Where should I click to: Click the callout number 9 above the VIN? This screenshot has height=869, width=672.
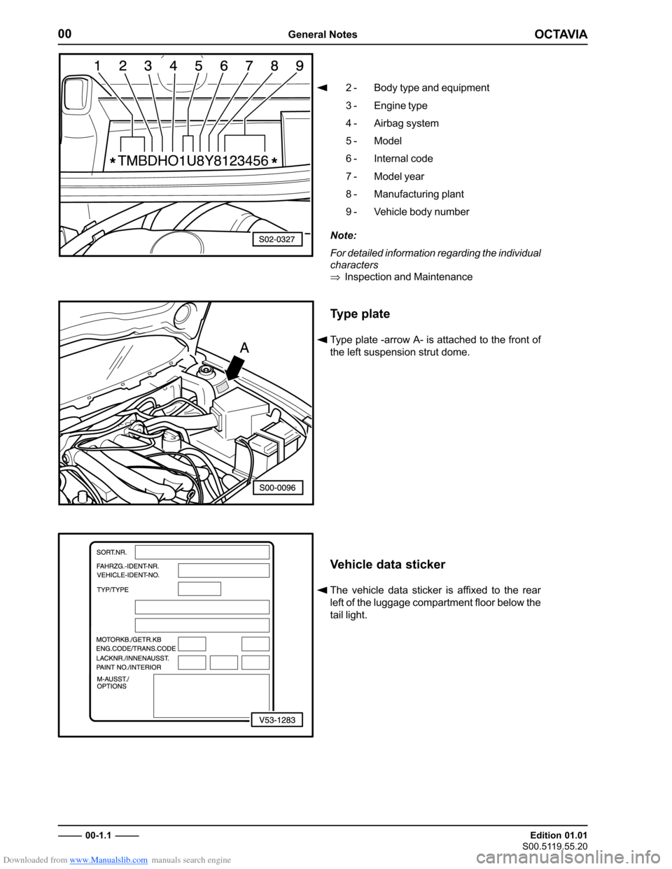coord(300,66)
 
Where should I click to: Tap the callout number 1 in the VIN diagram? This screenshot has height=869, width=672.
coord(97,66)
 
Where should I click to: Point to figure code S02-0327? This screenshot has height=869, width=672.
coord(277,239)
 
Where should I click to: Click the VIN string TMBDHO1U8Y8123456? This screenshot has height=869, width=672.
coord(193,161)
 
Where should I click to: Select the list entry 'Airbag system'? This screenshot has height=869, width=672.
coord(406,123)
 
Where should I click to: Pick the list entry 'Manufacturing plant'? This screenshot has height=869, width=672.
coord(419,194)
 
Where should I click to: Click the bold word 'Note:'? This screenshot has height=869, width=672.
coord(343,236)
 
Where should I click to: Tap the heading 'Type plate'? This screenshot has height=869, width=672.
coord(360,314)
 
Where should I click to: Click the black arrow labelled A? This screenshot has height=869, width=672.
coord(233,369)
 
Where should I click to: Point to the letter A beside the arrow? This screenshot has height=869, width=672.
coord(244,347)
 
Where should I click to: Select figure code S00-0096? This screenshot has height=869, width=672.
coord(277,487)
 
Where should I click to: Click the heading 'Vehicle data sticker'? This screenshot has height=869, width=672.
coord(387,565)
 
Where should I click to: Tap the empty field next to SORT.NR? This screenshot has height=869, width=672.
coord(202,552)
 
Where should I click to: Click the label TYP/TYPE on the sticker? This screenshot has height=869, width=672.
coord(113,590)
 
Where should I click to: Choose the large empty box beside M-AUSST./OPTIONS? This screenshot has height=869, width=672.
coord(211,695)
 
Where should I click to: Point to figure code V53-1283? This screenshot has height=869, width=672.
coord(277,719)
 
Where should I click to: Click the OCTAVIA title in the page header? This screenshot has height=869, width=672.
coord(561,34)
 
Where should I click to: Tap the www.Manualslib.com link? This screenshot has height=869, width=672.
coord(108,860)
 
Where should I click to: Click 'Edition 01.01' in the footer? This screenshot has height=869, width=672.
coord(558,835)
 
